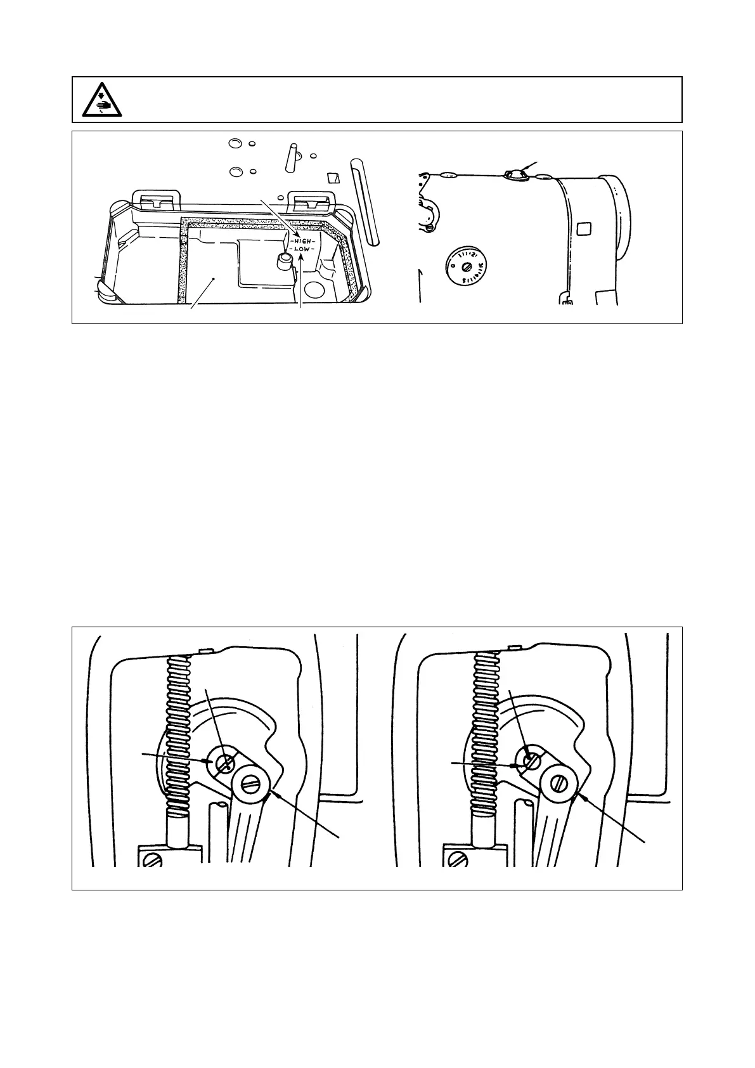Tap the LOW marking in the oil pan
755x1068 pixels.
pyautogui.click(x=302, y=249)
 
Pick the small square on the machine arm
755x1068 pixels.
pyautogui.click(x=584, y=227)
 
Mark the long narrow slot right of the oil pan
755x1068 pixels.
pyautogui.click(x=366, y=201)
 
